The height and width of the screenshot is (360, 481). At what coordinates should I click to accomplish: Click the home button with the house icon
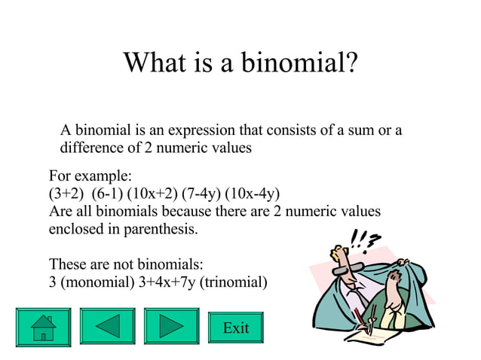(42, 327)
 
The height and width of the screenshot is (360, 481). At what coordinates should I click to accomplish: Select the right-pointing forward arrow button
(170, 327)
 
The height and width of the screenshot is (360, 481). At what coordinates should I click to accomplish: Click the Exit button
(236, 328)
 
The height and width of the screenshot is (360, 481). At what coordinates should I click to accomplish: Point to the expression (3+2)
(66, 194)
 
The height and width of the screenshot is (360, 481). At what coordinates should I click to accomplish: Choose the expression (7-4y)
(204, 194)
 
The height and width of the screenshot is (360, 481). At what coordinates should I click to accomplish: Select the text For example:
(90, 176)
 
